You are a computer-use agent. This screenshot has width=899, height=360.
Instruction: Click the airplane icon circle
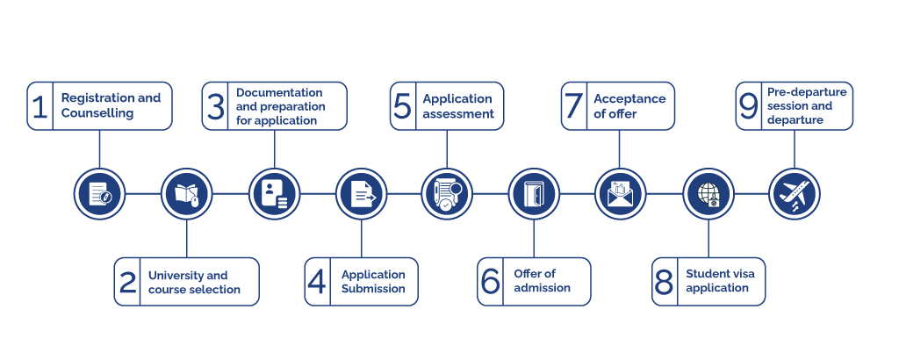[x=795, y=193]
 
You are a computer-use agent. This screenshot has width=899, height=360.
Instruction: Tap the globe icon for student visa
[x=708, y=193]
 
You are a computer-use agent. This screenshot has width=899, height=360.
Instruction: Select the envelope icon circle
[x=621, y=193]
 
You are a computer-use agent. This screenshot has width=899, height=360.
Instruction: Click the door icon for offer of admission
[x=534, y=193]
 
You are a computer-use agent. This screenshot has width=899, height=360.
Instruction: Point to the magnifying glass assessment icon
[x=448, y=193]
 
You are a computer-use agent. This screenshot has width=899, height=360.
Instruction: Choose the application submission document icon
[x=362, y=193]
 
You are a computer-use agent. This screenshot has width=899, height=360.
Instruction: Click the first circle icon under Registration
[x=99, y=193]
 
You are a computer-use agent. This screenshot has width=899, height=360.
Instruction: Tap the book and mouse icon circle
[x=187, y=193]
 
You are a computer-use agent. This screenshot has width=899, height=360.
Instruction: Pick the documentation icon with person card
[x=274, y=193]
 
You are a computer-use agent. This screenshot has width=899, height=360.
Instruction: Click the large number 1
[x=40, y=106]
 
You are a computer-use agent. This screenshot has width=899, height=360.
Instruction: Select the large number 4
[x=317, y=282]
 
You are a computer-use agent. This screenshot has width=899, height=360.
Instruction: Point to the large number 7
[x=574, y=106]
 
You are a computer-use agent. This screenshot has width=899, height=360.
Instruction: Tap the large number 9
[x=748, y=106]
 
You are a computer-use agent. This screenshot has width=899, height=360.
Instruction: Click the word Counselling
[x=97, y=113]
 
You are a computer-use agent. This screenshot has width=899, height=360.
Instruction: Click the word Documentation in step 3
[x=279, y=92]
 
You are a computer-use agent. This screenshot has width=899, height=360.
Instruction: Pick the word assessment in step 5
[x=458, y=113]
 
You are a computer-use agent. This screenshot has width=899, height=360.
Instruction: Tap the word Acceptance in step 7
[x=629, y=98]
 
